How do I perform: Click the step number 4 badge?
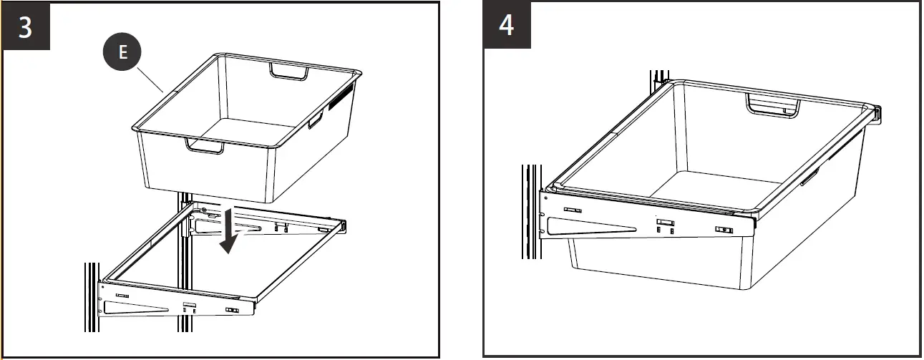click(x=507, y=25)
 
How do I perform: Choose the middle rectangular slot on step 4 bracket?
click(x=666, y=225)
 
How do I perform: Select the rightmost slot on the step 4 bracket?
click(x=724, y=230)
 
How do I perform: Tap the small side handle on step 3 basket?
click(x=315, y=122)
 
